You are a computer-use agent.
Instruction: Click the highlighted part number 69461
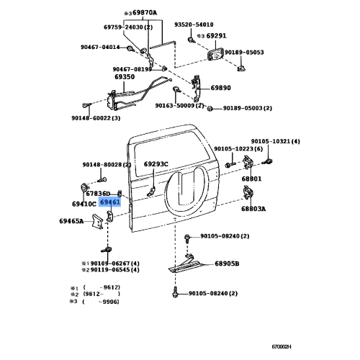tap(110, 202)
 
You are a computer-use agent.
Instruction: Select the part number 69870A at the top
tap(145, 12)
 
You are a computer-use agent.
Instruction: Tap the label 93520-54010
tap(194, 24)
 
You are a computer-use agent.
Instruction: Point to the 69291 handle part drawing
tap(215, 56)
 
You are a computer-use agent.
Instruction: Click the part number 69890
tap(221, 88)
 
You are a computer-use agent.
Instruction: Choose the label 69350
tap(125, 77)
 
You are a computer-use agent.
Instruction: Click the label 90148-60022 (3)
tap(96, 118)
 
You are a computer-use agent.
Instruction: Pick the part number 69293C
tap(156, 164)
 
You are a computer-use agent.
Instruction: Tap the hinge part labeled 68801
tap(248, 163)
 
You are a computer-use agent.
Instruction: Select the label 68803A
tap(253, 209)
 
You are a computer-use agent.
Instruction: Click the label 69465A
tap(71, 221)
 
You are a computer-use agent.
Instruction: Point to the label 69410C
tap(84, 204)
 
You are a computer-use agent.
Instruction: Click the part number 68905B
tap(227, 264)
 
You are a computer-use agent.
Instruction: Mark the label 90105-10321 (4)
tap(276, 141)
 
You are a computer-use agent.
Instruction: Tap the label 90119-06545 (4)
tap(115, 270)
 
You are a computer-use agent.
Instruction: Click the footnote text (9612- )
tap(102, 294)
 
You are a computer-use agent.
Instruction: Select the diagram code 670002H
tap(282, 347)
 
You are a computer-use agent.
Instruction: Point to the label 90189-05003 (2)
tap(248, 108)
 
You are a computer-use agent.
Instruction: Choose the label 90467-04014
tap(100, 47)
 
